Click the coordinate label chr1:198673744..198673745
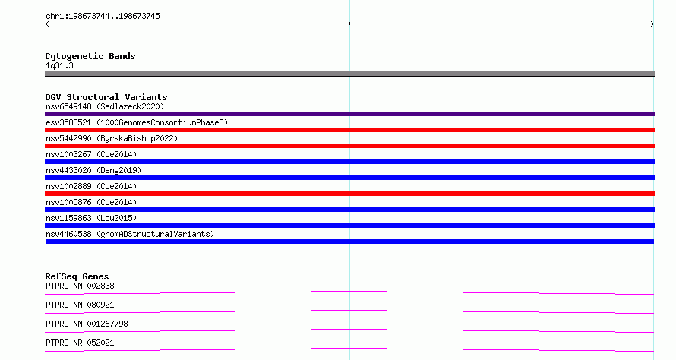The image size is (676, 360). coord(103,17)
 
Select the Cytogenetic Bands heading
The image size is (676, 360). coord(90,56)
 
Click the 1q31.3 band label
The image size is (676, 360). coord(59,65)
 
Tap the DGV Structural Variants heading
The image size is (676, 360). coord(106,97)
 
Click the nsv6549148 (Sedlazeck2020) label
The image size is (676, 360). coord(105,106)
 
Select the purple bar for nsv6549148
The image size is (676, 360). coord(349,114)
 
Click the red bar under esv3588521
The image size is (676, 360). coord(349,130)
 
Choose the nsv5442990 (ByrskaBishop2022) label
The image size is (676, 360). coord(112,138)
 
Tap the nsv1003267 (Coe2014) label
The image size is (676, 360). coord(91,154)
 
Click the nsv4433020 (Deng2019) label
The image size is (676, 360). coord(93,170)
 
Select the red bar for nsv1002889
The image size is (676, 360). coord(349,194)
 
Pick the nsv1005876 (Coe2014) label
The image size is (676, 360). coord(91,202)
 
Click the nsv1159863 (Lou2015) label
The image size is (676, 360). coord(91,218)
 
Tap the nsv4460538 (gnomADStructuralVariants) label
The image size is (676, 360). coord(130,234)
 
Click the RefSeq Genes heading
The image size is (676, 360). coord(77,276)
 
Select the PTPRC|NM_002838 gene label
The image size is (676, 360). coord(80,286)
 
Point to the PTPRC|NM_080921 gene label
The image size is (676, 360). coord(80,305)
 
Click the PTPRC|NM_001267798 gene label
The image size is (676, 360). coord(87,324)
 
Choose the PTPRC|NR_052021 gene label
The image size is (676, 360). coord(80,343)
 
